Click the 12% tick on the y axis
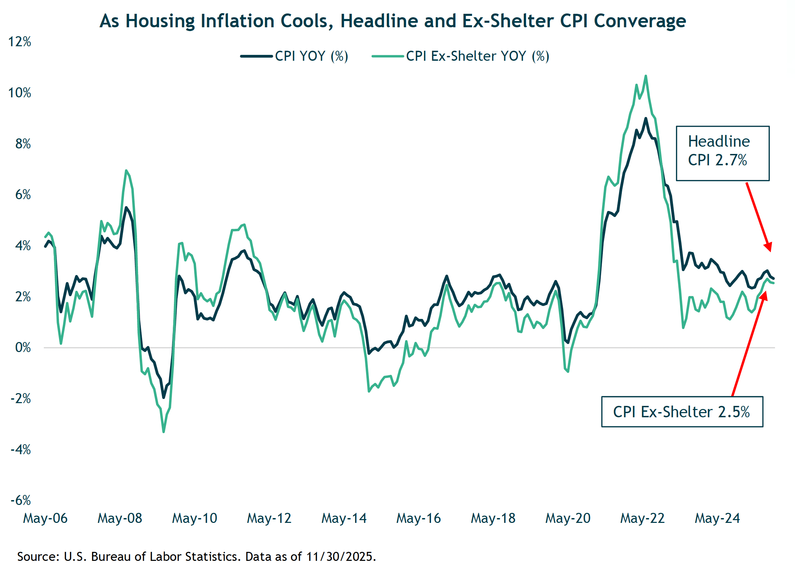pos(20,42)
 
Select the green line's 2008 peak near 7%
pos(126,171)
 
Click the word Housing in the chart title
pos(160,21)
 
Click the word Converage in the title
pos(641,21)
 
